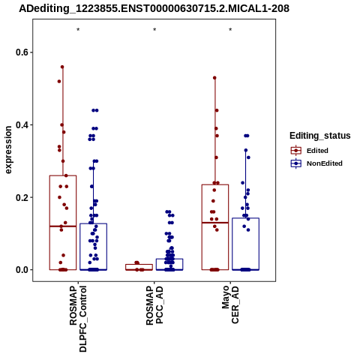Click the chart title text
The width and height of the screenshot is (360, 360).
[154, 9]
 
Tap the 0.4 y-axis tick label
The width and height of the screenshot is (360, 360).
[21, 124]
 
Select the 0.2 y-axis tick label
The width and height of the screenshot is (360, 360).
[21, 197]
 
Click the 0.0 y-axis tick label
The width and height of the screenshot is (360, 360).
[21, 270]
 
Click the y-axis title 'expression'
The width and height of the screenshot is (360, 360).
[8, 150]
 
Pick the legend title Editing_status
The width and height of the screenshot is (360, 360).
[320, 136]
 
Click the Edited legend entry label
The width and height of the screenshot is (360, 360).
[317, 151]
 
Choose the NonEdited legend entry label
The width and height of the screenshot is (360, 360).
[325, 163]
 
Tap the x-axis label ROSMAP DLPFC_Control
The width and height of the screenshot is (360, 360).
[78, 319]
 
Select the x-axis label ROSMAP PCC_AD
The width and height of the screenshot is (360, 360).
[154, 305]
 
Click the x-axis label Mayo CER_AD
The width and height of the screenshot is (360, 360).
[230, 304]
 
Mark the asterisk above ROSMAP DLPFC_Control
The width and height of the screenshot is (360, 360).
[78, 30]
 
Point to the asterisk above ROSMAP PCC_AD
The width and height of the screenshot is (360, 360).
[154, 30]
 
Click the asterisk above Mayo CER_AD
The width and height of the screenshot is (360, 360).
[230, 30]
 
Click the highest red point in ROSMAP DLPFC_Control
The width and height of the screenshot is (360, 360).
[62, 67]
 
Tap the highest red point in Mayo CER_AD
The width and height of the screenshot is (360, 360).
[214, 78]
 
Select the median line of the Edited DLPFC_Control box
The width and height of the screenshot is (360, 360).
[63, 226]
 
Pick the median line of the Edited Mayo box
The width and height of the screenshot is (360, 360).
[215, 223]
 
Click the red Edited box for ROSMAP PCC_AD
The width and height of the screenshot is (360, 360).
[139, 265]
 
